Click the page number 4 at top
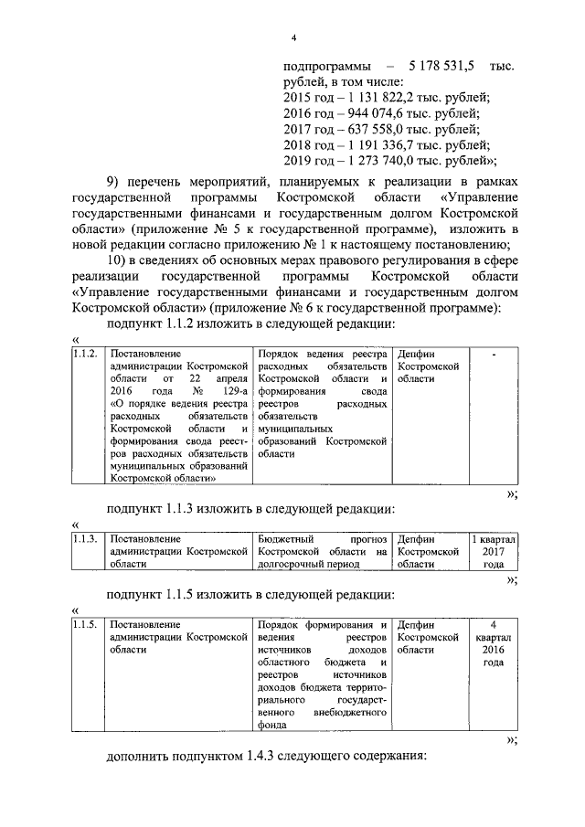click(293, 37)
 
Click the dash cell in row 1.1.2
click(494, 354)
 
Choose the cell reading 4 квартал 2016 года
click(494, 643)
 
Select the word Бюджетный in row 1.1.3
click(286, 539)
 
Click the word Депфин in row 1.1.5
click(417, 625)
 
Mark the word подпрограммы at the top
click(327, 68)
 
